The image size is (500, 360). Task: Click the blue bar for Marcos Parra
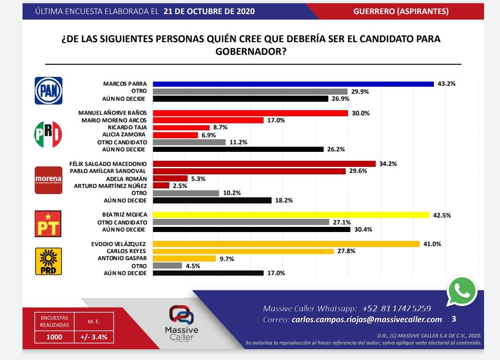pyautogui.click(x=293, y=84)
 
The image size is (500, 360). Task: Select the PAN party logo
pyautogui.click(x=49, y=90)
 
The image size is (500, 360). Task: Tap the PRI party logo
pyautogui.click(x=48, y=134)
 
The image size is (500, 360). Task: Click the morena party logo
pyautogui.click(x=48, y=180)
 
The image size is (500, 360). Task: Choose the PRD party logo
pyautogui.click(x=49, y=261)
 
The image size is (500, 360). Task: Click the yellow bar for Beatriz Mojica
pyautogui.click(x=291, y=215)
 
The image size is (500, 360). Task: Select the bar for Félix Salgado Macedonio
pyautogui.click(x=265, y=164)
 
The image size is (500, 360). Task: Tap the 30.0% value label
pyautogui.click(x=361, y=113)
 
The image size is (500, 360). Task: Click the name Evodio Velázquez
pyautogui.click(x=119, y=244)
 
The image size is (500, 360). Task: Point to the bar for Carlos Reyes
pyautogui.click(x=243, y=251)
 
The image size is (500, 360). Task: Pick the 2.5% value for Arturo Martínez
pyautogui.click(x=180, y=186)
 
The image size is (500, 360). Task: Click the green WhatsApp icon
pyautogui.click(x=462, y=292)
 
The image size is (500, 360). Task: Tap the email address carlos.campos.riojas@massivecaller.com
pyautogui.click(x=366, y=320)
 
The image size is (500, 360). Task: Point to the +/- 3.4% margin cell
pyautogui.click(x=94, y=337)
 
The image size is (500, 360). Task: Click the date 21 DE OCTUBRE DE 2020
pyautogui.click(x=209, y=11)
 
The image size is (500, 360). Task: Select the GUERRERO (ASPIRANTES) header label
pyautogui.click(x=401, y=11)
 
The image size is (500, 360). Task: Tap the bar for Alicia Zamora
pyautogui.click(x=175, y=135)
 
